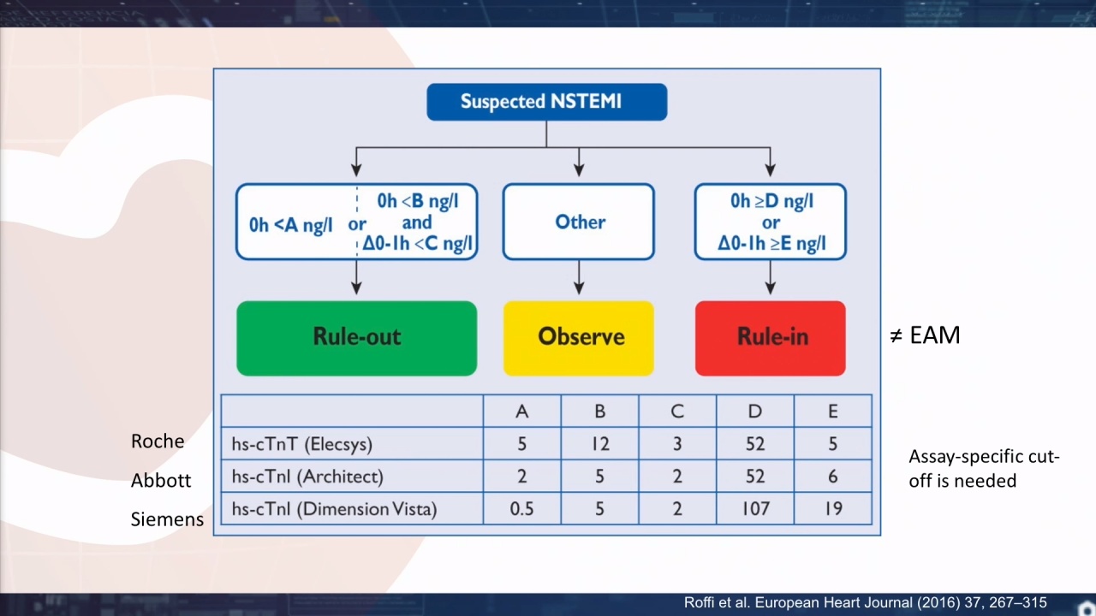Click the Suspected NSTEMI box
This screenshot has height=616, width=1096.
pos(546,102)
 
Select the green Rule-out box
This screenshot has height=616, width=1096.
pos(357,338)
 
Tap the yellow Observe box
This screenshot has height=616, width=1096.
pos(579,338)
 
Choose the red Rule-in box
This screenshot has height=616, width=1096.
pos(770,338)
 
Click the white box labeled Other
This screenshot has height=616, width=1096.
pos(579,222)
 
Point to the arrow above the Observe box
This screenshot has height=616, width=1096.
pos(579,277)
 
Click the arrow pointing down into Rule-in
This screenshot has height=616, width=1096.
pos(770,277)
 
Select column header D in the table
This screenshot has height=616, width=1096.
pos(755,412)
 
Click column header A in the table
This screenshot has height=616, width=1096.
pos(522,412)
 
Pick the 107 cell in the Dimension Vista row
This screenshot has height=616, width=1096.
pos(755,509)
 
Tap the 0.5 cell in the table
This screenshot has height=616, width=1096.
pos(522,509)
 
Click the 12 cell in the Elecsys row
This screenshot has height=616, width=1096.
pos(600,444)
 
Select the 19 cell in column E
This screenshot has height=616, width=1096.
pos(833,509)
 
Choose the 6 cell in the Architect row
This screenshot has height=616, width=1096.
pos(833,477)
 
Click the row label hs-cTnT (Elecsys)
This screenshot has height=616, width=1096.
pos(302,444)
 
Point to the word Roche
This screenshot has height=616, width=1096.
pos(158,441)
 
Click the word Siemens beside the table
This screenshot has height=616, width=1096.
pos(167,519)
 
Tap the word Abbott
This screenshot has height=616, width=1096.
pos(160,480)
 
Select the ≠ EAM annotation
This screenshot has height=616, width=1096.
pos(925,335)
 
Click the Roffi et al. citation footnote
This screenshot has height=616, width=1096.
pos(865,602)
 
